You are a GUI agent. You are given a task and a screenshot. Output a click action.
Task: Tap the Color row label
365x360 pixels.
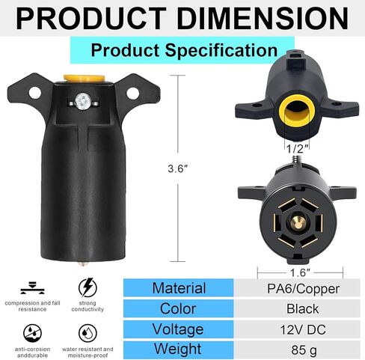coord(178,308)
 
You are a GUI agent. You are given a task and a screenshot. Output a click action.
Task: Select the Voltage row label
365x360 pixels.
coord(178,328)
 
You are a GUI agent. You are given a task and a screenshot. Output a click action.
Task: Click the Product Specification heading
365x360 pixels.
coord(183,51)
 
